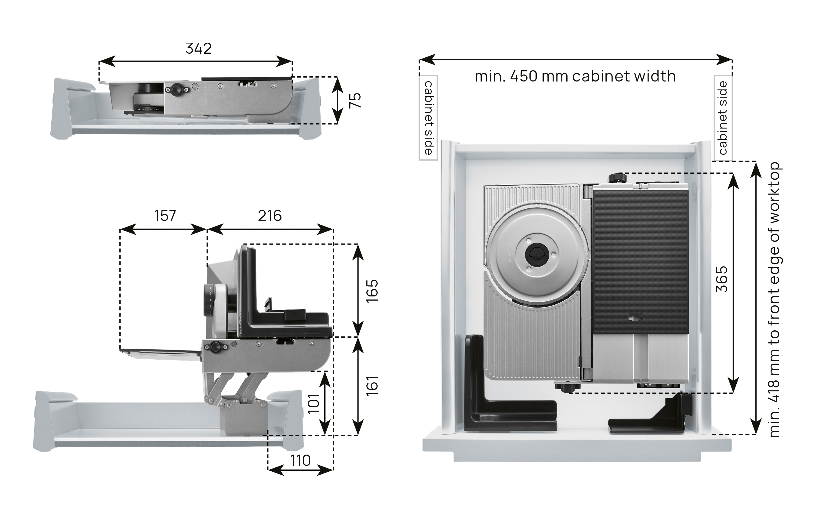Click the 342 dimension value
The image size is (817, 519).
click(x=198, y=49)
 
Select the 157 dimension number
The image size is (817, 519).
click(x=165, y=216)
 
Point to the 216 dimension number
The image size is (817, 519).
click(x=270, y=216)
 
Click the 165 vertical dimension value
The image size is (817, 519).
click(x=372, y=290)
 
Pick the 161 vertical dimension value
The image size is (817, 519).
click(x=372, y=385)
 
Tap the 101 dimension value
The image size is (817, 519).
click(x=314, y=403)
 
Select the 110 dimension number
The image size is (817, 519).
click(x=300, y=461)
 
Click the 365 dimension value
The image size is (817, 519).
click(x=722, y=279)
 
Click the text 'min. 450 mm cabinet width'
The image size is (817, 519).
click(x=575, y=76)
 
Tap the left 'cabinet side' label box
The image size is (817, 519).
click(x=428, y=118)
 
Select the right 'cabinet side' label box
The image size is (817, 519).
click(x=723, y=118)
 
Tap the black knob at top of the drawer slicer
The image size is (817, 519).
click(x=617, y=178)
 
